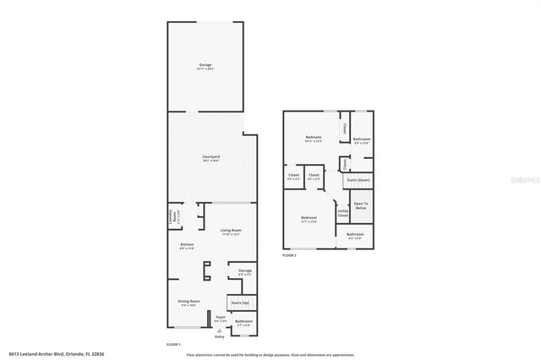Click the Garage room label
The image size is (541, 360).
(205, 67)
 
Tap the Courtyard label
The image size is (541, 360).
(211, 158)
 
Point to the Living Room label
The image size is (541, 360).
(232, 232)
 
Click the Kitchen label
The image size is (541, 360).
(187, 246)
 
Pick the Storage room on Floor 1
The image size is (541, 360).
(245, 272)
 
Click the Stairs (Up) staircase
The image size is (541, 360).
(240, 302)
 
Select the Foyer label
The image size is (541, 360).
(220, 319)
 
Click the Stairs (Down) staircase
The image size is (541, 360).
(358, 179)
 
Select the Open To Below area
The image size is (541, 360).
(361, 205)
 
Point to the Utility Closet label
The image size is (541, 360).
(342, 215)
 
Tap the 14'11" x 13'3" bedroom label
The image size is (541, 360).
(313, 139)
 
